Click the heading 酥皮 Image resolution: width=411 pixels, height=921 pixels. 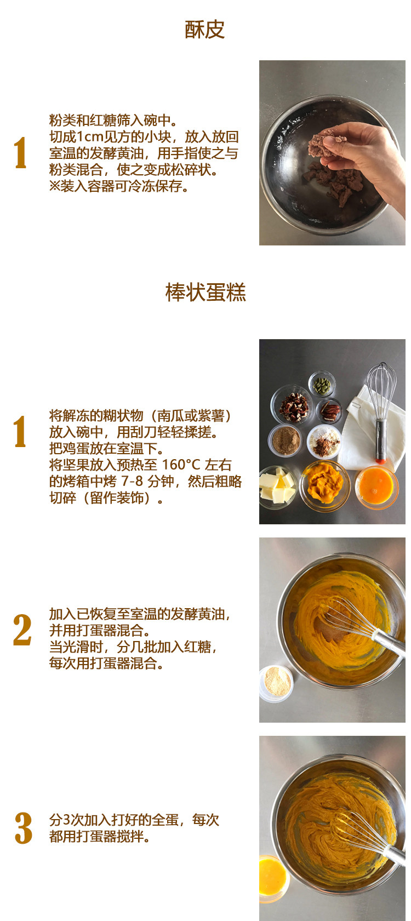click(x=204, y=30)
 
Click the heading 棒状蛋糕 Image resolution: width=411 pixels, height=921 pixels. click(x=206, y=293)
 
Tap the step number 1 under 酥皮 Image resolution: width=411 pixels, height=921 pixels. click(x=20, y=152)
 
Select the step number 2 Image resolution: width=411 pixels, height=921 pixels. click(x=22, y=630)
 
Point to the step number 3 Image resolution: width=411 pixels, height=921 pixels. click(x=23, y=828)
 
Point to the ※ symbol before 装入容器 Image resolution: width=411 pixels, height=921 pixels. click(x=55, y=186)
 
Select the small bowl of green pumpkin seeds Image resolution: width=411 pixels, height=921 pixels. click(x=322, y=385)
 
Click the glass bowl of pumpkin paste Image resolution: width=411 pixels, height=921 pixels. click(x=324, y=485)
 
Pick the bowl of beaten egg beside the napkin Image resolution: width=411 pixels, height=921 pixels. click(x=376, y=487)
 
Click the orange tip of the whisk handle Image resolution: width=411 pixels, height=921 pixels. click(x=380, y=460)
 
